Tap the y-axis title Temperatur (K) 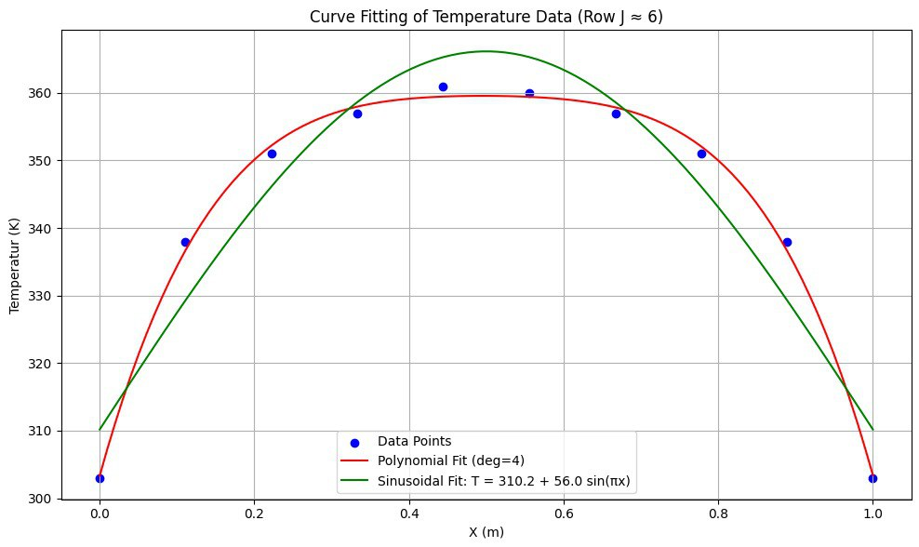click(15, 263)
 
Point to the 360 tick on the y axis click(42, 94)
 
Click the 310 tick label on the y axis click(42, 432)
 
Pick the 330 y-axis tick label click(42, 297)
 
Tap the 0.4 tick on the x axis click(409, 514)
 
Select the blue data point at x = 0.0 click(100, 478)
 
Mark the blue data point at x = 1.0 click(872, 478)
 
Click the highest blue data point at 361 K click(443, 87)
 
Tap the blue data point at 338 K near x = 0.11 click(185, 242)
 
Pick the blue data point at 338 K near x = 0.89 click(787, 242)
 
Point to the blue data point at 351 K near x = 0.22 click(272, 153)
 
